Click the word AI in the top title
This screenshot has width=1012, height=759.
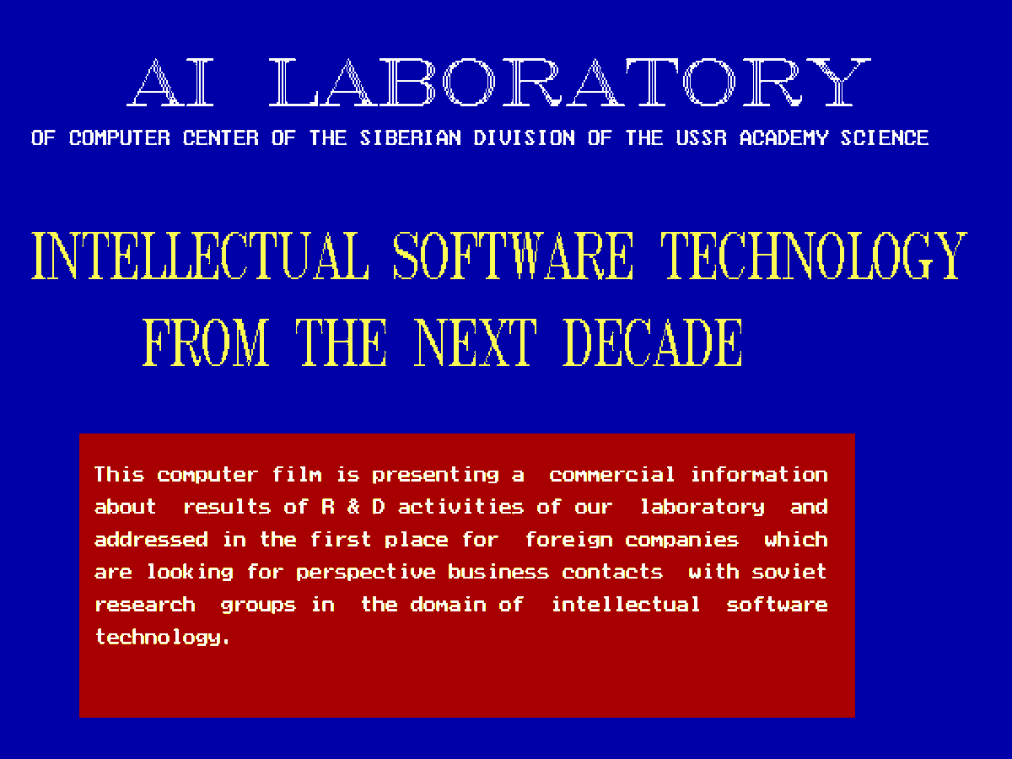coord(170,83)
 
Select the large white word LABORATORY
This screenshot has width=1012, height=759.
coord(570,83)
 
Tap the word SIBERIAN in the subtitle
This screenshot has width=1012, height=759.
coord(410,137)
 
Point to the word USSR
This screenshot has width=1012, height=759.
coord(701,137)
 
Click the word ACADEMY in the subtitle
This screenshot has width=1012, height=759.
coord(783,137)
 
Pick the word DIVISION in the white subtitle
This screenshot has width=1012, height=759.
coord(524,137)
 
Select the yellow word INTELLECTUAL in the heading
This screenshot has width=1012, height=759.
coord(200,256)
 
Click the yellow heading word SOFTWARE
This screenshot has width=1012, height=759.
coord(513,256)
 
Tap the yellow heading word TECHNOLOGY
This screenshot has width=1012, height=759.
coord(814,256)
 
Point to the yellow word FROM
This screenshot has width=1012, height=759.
coord(206,342)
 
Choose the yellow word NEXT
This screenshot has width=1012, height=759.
coord(476,342)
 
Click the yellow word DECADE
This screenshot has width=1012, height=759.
coord(653,342)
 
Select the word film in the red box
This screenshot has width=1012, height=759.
coord(297,474)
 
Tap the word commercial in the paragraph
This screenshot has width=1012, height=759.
coord(611,474)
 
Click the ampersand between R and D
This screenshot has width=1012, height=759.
coord(353,507)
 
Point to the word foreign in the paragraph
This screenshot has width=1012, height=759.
coord(569,541)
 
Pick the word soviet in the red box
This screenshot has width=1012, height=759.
coord(789,572)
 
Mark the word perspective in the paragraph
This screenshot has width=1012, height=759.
coord(366,573)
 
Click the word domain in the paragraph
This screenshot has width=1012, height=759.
coord(448,604)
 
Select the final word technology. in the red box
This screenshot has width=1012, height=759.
coord(162,638)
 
